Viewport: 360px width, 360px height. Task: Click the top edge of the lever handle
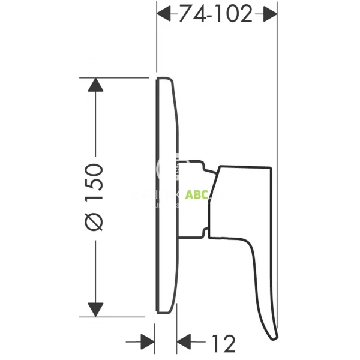click(x=246, y=165)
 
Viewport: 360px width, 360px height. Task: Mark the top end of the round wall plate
click(x=163, y=79)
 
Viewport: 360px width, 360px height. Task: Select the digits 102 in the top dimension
click(x=231, y=14)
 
